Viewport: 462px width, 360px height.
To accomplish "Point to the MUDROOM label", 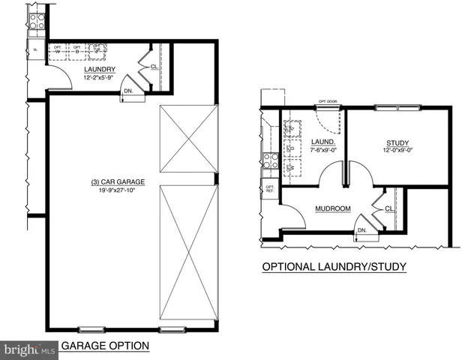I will [x=334, y=208].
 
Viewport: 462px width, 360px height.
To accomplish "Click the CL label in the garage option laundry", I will [x=153, y=66].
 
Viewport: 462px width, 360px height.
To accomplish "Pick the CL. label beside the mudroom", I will [x=389, y=209].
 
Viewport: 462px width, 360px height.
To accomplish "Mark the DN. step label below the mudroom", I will [x=361, y=230].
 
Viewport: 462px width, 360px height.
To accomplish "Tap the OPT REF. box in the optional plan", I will [x=268, y=188].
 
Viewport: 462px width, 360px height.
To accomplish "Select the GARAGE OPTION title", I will [x=104, y=346].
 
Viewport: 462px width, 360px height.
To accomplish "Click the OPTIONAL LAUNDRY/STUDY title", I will [x=334, y=266].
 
